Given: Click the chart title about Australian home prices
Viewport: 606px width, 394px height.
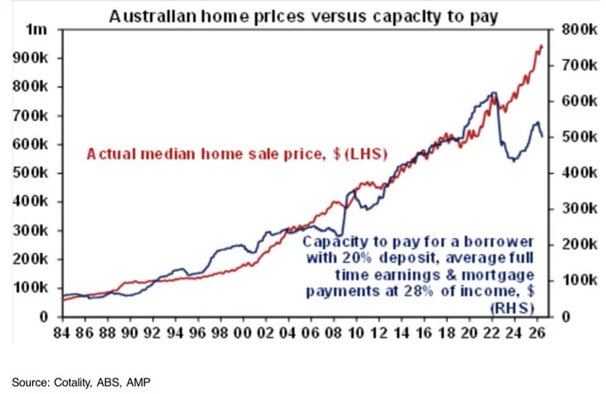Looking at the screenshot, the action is tap(304, 17).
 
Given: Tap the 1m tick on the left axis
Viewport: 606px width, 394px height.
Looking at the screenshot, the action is tap(37, 29).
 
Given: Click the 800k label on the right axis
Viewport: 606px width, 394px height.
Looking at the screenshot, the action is tap(579, 29).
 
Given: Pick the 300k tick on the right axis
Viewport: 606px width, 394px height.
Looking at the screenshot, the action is tap(579, 209).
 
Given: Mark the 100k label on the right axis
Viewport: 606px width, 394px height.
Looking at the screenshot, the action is tap(579, 280).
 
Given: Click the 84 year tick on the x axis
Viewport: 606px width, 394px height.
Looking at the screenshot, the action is tap(61, 332).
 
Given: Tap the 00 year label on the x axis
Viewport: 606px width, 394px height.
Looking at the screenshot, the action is tap(243, 332).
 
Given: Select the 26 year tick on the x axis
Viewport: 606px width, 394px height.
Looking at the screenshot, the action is tap(537, 332).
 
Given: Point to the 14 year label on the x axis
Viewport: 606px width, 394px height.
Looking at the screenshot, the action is tap(401, 332).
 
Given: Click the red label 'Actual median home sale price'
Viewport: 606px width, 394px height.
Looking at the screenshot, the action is tap(204, 154).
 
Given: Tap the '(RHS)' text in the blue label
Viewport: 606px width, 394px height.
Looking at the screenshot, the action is tap(512, 308).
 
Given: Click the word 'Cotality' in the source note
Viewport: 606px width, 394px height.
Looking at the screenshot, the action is tap(73, 382).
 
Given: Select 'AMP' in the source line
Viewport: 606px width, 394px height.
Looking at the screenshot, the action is tap(138, 382).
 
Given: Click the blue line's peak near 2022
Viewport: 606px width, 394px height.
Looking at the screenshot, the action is tap(493, 93).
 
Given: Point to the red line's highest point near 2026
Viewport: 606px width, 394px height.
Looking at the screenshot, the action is tap(542, 46).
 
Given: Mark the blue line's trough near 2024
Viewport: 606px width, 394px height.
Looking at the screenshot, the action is tap(514, 160).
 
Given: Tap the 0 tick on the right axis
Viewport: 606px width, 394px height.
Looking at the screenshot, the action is tap(566, 316).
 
